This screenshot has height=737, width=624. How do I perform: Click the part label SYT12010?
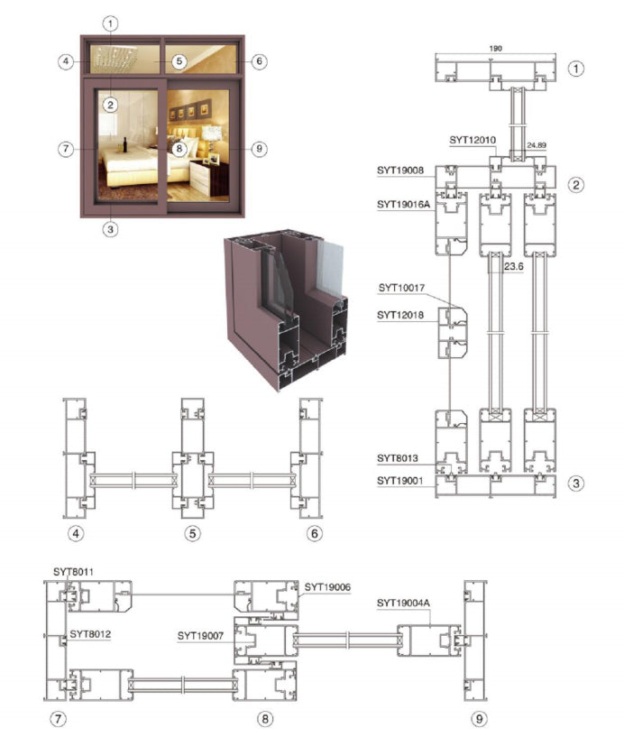click(473, 140)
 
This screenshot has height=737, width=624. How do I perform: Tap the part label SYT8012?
click(91, 635)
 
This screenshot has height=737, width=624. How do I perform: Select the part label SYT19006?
click(326, 586)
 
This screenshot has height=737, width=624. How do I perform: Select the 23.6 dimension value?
click(513, 267)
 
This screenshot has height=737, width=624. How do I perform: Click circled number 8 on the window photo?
click(179, 148)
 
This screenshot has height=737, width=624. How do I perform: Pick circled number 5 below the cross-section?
click(192, 534)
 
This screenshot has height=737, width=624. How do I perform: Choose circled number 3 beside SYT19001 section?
click(577, 483)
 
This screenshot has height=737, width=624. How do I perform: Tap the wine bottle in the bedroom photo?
click(124, 143)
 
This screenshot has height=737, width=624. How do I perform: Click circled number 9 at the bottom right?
click(479, 718)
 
